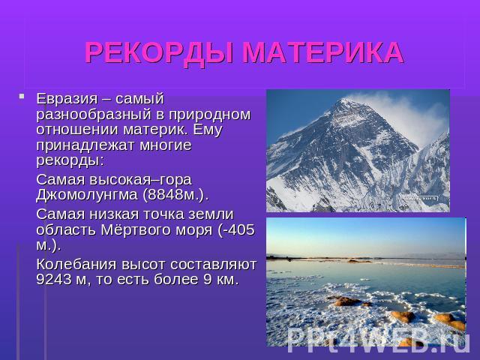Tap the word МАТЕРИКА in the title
(x=323, y=52)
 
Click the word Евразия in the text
(x=67, y=100)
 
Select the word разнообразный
(x=94, y=115)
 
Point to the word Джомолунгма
(x=87, y=195)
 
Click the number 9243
(x=54, y=280)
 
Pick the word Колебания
(x=76, y=265)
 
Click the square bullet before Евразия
(x=21, y=96)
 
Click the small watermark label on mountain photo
(x=421, y=198)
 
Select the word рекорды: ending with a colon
(x=70, y=161)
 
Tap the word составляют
(x=213, y=265)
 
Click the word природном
(x=210, y=115)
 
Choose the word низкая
(x=114, y=214)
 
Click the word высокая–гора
(x=140, y=181)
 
